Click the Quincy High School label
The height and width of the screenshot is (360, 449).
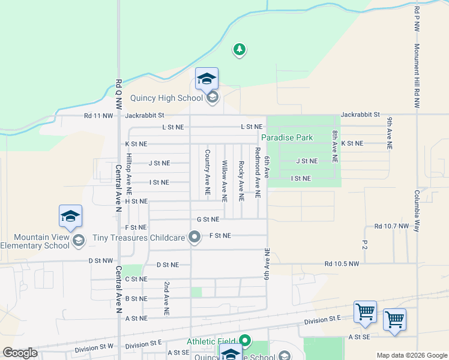coord(166,98)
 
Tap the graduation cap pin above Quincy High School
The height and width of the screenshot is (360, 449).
coord(206,79)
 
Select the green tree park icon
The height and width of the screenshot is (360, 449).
coord(240,49)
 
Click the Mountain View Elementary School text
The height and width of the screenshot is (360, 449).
coord(34,241)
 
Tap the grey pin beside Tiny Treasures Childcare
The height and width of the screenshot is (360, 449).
coord(194,238)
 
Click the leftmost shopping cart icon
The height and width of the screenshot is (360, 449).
coord(365,312)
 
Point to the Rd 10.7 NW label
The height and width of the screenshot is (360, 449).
coord(391,226)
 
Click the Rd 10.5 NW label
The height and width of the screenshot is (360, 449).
coord(342,264)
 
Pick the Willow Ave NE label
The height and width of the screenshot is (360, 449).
coord(224,180)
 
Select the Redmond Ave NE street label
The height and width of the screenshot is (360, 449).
coord(258,173)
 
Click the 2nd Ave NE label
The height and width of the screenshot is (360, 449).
coord(166,298)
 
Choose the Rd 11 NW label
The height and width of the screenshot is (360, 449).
coord(98,115)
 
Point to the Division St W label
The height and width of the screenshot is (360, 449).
coord(94,348)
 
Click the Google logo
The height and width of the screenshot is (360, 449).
coord(20,353)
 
